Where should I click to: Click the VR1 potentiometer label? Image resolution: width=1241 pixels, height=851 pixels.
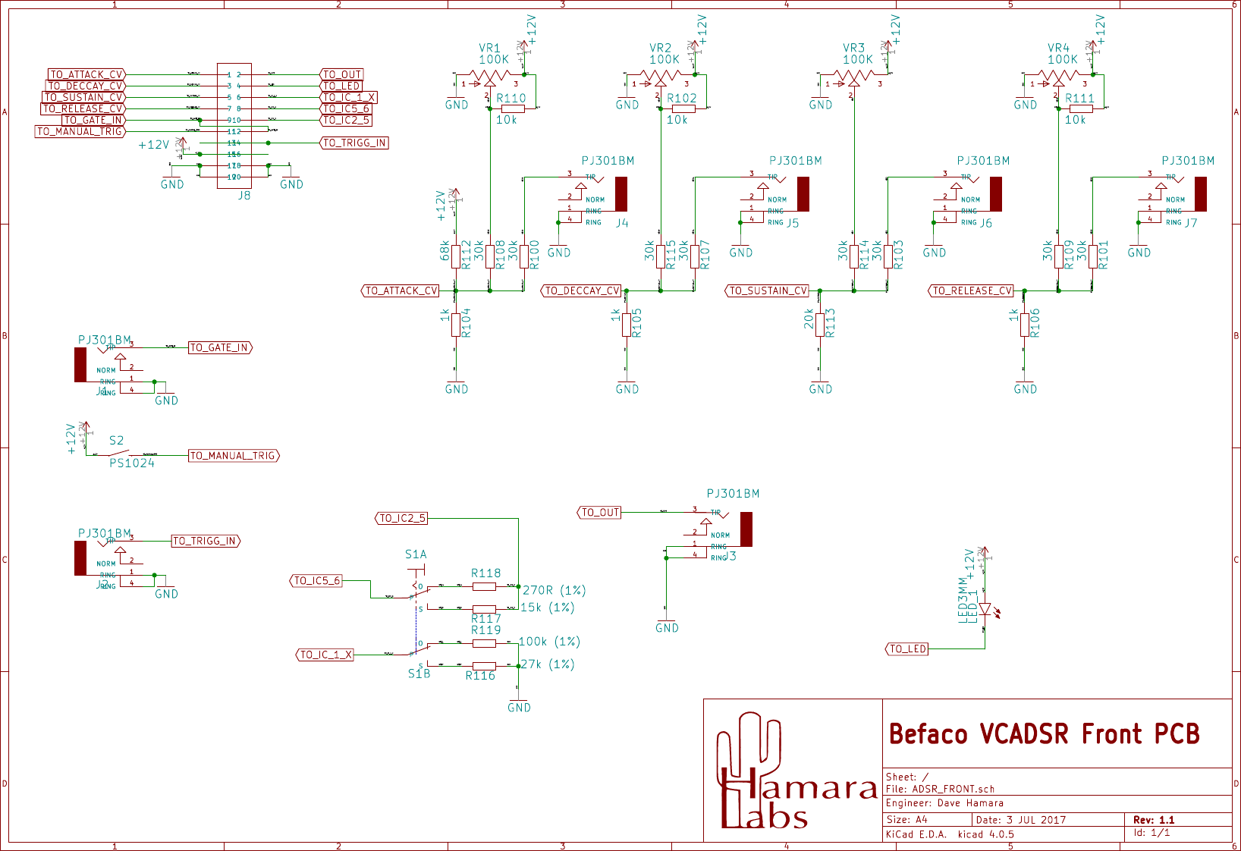click(x=489, y=48)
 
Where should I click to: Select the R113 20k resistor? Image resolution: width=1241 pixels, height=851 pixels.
click(x=820, y=325)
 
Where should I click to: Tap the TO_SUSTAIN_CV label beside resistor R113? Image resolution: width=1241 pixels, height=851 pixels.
click(x=768, y=290)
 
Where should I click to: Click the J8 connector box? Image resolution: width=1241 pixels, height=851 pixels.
click(x=234, y=126)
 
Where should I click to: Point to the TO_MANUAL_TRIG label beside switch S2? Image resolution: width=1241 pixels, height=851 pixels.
click(x=234, y=456)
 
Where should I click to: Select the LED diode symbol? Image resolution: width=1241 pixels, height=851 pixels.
click(x=985, y=609)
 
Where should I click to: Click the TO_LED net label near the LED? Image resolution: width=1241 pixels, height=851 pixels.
click(x=907, y=649)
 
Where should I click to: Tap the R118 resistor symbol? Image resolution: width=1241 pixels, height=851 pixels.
click(x=484, y=586)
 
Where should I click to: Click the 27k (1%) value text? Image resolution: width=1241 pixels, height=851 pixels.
click(x=547, y=664)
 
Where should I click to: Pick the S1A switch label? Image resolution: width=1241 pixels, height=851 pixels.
click(x=416, y=554)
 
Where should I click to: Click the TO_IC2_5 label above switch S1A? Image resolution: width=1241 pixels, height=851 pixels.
click(x=401, y=518)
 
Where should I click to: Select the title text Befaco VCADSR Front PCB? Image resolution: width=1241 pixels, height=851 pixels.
click(x=1044, y=734)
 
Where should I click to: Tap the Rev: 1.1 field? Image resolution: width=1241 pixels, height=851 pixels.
click(x=1153, y=820)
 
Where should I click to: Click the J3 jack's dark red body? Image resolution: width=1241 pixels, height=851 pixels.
click(x=746, y=529)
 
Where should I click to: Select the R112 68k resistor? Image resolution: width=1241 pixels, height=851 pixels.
click(x=456, y=256)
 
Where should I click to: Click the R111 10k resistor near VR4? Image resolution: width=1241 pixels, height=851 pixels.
click(x=1081, y=108)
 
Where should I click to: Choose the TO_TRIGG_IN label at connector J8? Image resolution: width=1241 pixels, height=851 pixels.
click(x=354, y=143)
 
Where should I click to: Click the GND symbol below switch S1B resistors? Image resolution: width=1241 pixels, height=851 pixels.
click(x=519, y=706)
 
